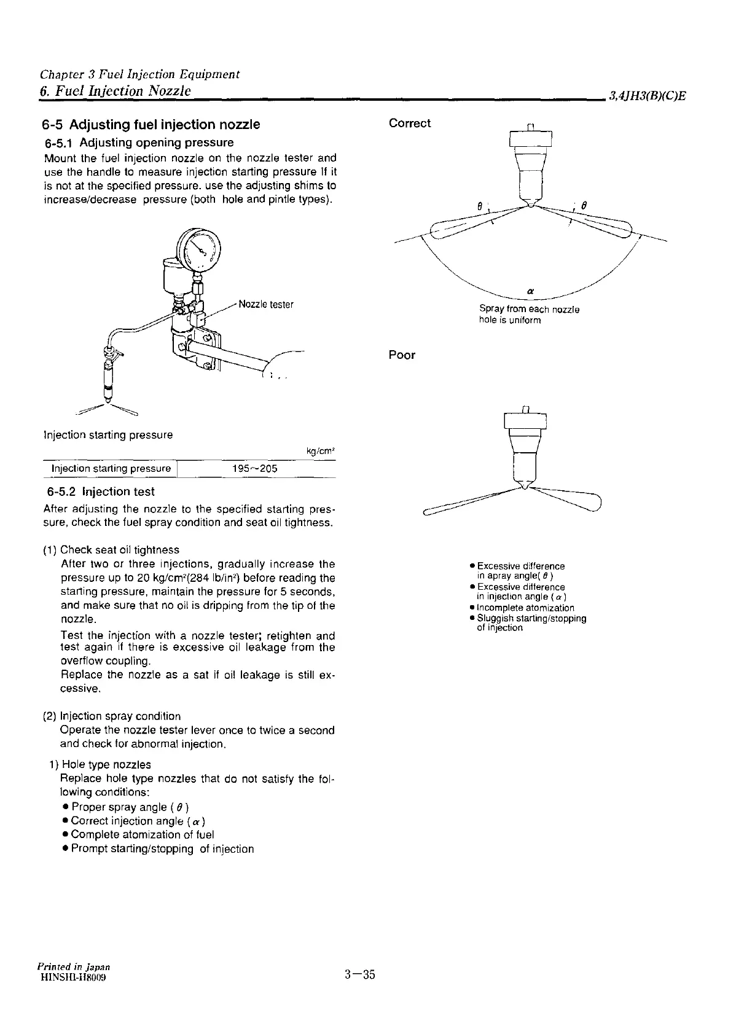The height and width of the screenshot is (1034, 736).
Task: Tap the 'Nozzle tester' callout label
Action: click(x=265, y=304)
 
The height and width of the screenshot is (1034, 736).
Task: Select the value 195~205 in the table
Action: click(x=255, y=469)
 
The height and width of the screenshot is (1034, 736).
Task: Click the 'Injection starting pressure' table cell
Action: click(x=111, y=469)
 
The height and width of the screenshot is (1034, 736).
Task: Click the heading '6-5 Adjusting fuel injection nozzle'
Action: click(x=151, y=125)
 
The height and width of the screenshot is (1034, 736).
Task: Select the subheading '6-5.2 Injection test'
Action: click(x=101, y=492)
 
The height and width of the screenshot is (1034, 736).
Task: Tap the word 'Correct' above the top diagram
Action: click(x=410, y=123)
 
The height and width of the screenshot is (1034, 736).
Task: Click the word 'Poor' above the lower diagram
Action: click(x=402, y=355)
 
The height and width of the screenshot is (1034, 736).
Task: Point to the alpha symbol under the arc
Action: click(x=530, y=290)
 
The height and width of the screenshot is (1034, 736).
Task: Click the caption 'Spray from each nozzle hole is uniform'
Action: click(x=529, y=315)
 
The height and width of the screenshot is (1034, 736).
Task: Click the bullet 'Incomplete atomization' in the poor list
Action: click(x=525, y=608)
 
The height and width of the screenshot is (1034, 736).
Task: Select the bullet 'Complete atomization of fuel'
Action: click(x=142, y=834)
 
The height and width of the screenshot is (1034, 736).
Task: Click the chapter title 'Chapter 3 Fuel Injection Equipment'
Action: click(x=139, y=74)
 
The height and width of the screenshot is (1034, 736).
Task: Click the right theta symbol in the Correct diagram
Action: click(x=584, y=206)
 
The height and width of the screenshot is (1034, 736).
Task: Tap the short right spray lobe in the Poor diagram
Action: click(x=577, y=498)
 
